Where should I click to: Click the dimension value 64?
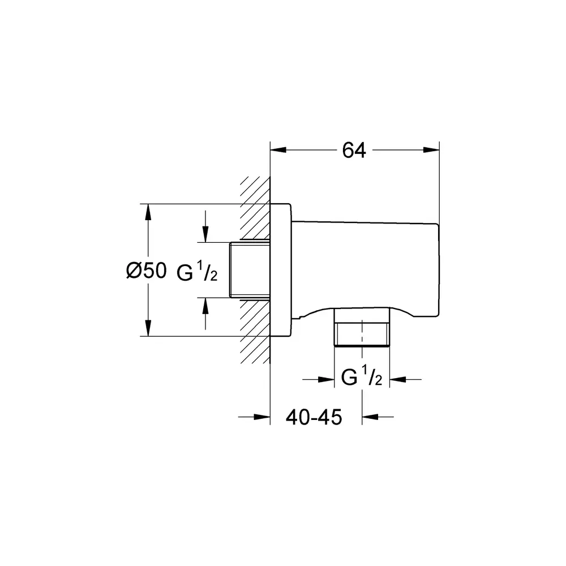[354, 150]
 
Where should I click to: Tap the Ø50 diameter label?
[147, 271]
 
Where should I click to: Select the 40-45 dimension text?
[314, 418]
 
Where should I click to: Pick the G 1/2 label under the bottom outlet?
[361, 376]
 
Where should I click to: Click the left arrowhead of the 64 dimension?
[278, 150]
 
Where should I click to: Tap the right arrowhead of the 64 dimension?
[431, 150]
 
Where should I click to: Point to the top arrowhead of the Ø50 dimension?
[147, 212]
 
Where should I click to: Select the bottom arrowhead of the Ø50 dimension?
[147, 328]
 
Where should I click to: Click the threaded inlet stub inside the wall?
[250, 270]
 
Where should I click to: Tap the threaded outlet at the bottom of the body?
[362, 327]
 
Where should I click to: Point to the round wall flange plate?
[281, 270]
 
